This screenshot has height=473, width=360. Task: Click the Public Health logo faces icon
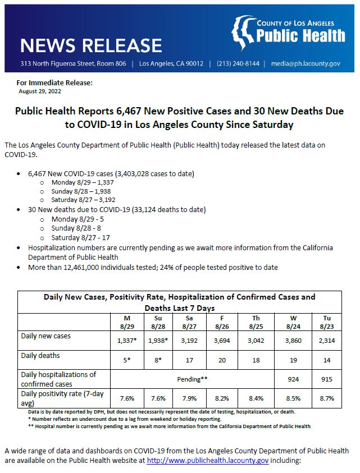[243, 33]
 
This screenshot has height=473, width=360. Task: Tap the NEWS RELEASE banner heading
[91, 45]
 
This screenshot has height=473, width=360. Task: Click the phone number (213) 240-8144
[238, 63]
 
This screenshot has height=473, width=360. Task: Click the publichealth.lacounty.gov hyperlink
[208, 461]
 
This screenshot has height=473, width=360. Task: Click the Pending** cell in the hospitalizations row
[193, 379]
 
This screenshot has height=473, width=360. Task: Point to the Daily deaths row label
[40, 355]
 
